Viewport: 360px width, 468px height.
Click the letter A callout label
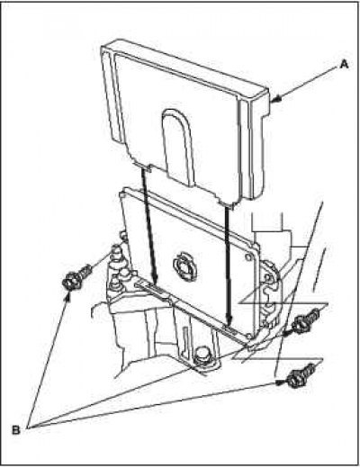point(344,64)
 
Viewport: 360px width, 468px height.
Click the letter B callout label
point(16,430)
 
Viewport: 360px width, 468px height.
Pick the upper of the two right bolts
point(305,321)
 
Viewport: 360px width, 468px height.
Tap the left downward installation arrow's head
point(155,278)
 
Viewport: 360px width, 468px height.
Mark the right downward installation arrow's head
point(229,320)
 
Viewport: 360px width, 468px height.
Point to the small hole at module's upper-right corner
point(248,257)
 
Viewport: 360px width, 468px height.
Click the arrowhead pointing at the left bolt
point(67,297)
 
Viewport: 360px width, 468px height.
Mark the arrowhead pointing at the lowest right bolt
point(281,382)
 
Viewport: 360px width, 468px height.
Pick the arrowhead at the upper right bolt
point(287,331)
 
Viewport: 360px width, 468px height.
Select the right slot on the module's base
point(230,330)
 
